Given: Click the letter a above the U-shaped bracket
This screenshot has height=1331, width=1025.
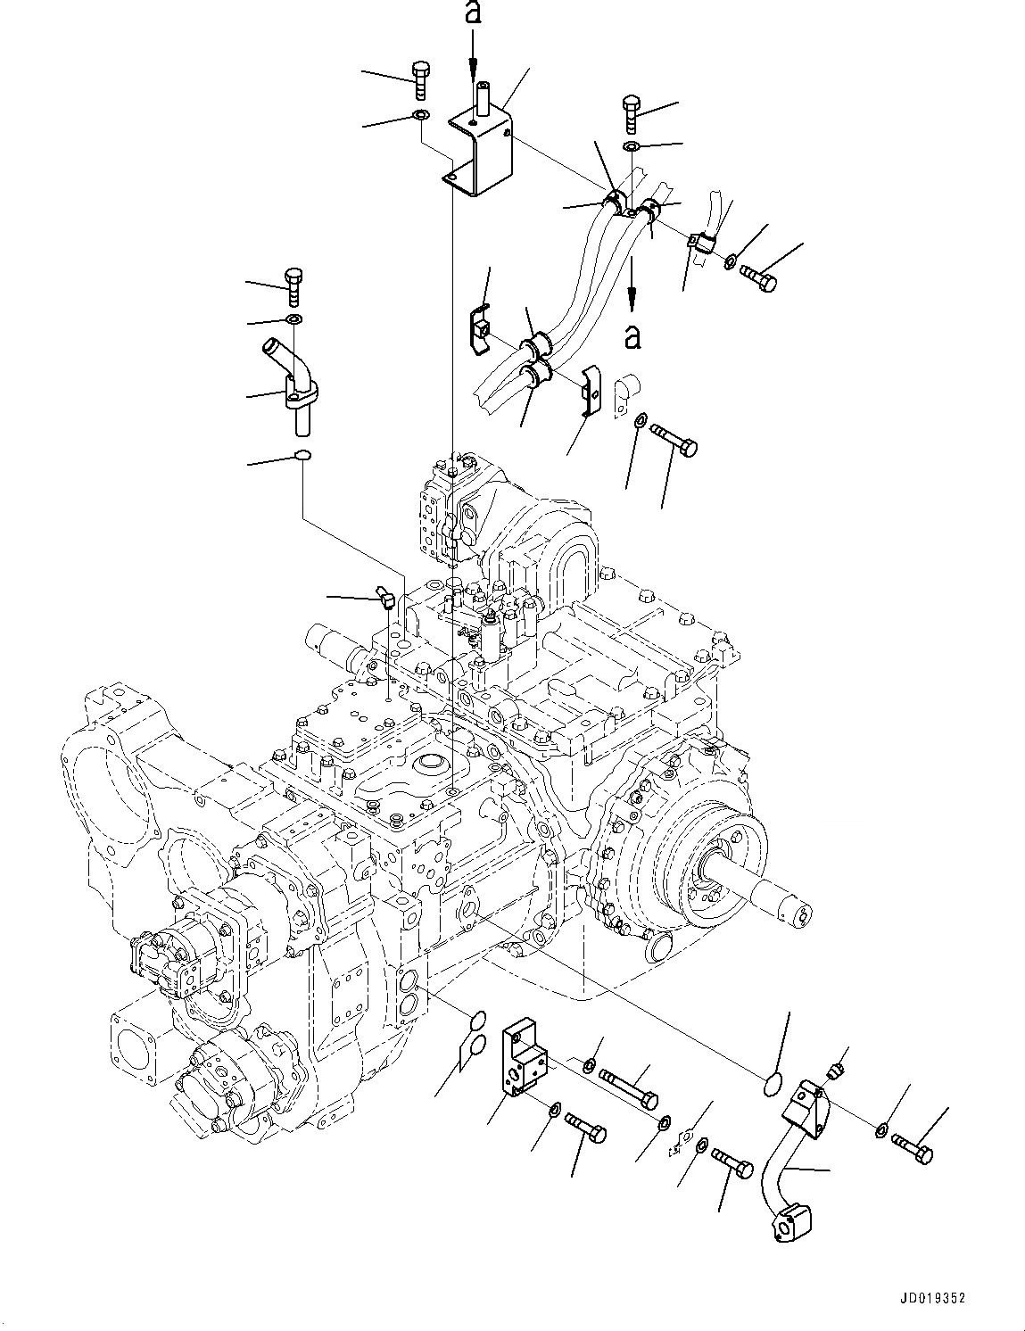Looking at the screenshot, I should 474,12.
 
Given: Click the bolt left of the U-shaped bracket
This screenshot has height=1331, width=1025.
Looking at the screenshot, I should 420,79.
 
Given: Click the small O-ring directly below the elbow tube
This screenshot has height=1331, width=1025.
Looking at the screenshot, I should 302,457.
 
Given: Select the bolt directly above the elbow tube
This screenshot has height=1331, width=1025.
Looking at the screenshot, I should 293,283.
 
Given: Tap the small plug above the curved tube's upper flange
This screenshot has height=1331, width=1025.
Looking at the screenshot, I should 837,1072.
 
